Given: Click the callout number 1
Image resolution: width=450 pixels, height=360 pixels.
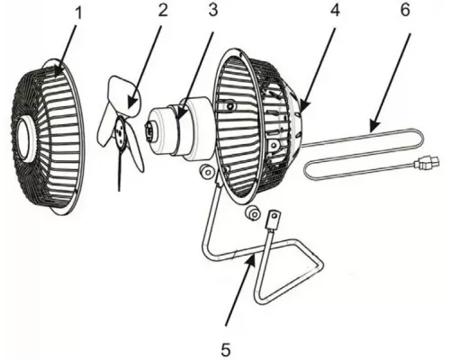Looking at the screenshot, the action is [x=78, y=13].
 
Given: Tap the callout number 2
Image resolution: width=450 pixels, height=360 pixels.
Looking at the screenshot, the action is [x=162, y=10].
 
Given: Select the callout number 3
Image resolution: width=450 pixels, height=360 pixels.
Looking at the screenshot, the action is [x=212, y=10].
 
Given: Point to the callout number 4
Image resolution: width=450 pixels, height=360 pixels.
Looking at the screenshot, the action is [x=335, y=10].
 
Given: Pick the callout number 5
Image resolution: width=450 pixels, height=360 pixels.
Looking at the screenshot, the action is [x=226, y=349].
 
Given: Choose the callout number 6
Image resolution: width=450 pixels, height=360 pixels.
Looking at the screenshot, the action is [x=405, y=10].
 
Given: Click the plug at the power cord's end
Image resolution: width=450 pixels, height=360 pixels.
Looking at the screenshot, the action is [x=427, y=163].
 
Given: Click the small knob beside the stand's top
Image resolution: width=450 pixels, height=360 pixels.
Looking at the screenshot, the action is [x=206, y=172].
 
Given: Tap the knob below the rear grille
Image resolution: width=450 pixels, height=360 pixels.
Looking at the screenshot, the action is [x=254, y=214].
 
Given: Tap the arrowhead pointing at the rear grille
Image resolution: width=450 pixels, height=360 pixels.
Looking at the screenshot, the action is [x=303, y=105].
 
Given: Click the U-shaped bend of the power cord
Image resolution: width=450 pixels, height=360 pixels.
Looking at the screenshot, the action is [x=421, y=139].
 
